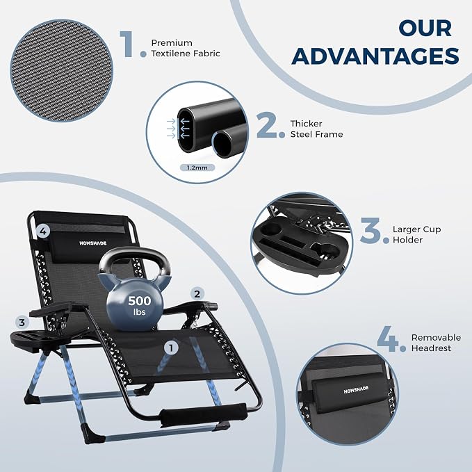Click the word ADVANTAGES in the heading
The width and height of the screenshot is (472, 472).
375,56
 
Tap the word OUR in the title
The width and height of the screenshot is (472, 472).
425,29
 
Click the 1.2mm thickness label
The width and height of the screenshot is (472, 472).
197,168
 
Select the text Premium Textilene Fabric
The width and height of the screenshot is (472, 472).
186,48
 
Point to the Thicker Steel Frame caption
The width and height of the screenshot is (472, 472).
316,129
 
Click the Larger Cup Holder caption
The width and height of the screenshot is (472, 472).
416,234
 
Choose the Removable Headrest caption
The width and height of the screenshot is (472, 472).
436,343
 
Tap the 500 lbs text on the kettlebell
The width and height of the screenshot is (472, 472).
139,305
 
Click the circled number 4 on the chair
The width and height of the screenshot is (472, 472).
43,231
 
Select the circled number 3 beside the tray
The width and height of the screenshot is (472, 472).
22,323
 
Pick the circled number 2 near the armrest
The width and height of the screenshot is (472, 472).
197,294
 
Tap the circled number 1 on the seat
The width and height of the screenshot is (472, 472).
171,348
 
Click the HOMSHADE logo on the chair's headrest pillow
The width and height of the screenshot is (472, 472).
93,243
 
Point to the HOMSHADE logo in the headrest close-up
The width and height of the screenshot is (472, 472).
356,389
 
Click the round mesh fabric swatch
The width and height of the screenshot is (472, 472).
62,70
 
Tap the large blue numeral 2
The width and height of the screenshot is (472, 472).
266,125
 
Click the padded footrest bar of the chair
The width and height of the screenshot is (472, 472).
204,414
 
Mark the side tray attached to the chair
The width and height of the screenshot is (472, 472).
38,339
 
